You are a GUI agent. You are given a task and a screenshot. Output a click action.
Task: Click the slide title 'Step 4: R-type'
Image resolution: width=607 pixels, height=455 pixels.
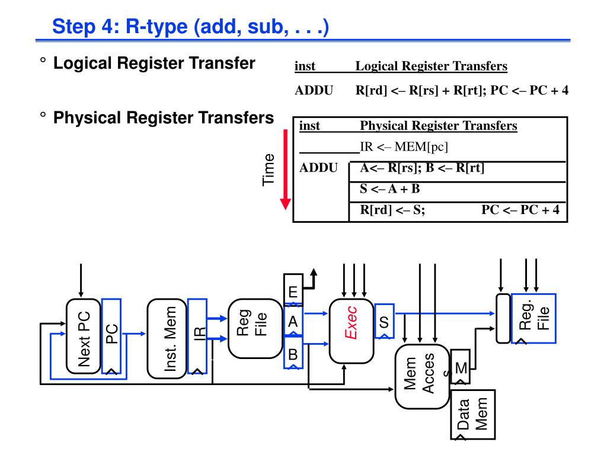click(x=190, y=27)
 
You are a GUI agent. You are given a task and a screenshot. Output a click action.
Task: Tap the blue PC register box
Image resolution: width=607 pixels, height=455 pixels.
click(x=111, y=336)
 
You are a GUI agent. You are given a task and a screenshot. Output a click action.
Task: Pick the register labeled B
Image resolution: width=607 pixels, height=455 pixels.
click(x=293, y=354)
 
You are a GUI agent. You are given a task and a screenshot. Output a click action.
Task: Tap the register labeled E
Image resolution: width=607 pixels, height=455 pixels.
click(x=293, y=291)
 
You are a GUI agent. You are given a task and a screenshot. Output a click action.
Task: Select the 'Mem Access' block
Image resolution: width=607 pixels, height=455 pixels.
click(x=420, y=377)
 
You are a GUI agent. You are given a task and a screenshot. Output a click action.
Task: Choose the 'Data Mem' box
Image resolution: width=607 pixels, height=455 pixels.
click(x=472, y=414)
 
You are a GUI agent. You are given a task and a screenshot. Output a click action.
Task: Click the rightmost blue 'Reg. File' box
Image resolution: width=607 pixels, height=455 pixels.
click(x=534, y=318)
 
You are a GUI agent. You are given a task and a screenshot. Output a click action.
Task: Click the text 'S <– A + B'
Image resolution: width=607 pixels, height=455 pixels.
click(x=390, y=189)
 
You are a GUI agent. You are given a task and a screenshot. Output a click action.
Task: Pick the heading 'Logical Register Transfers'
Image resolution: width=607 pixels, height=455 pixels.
click(x=431, y=66)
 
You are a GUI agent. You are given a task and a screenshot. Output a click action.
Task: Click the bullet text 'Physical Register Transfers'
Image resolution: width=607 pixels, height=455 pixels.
click(x=163, y=117)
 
